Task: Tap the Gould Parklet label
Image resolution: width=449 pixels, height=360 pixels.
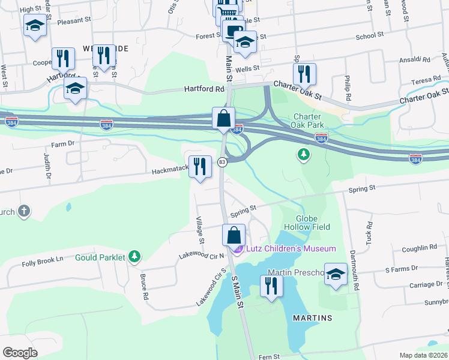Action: pyautogui.click(x=100, y=257)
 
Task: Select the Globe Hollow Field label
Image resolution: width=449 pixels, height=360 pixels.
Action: pyautogui.click(x=313, y=223)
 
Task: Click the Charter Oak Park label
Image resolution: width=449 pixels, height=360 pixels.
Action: pyautogui.click(x=309, y=121)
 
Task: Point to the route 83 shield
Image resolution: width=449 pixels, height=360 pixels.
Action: pyautogui.click(x=222, y=162)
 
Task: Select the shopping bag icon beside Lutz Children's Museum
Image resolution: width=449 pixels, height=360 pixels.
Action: pyautogui.click(x=234, y=235)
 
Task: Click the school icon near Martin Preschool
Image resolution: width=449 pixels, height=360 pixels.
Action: pyautogui.click(x=336, y=274)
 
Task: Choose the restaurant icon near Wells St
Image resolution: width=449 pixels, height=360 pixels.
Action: pyautogui.click(x=304, y=74)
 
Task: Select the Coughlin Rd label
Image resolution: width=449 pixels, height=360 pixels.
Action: pyautogui.click(x=420, y=247)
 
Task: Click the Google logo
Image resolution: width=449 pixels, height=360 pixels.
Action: pyautogui.click(x=20, y=352)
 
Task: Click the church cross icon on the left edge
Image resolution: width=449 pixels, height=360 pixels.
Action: pyautogui.click(x=23, y=211)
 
